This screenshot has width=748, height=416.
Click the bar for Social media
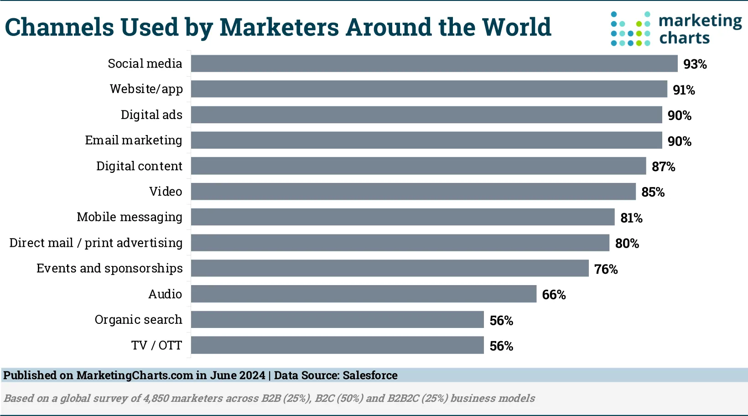[x=434, y=63]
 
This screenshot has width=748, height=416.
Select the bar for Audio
[x=364, y=294]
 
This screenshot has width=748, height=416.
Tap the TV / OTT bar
[x=337, y=345]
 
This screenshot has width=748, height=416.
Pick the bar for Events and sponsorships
[x=390, y=268]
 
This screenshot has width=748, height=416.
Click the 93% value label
[x=695, y=64]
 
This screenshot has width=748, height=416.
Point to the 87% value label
[x=663, y=166]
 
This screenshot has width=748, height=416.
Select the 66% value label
[x=554, y=295]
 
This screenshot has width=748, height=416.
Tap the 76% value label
[x=606, y=269]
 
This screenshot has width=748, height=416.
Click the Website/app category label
[x=146, y=89]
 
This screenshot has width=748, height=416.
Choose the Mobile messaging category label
[x=130, y=217]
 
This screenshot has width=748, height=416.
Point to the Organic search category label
[x=138, y=320]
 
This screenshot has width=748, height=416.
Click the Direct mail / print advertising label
[x=96, y=243]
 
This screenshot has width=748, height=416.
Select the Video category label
[x=166, y=192]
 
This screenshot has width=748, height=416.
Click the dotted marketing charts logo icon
[x=630, y=29]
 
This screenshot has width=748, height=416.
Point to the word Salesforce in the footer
[x=370, y=375]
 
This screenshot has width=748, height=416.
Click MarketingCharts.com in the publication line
[x=135, y=375]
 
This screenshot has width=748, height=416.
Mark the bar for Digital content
[x=418, y=166]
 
